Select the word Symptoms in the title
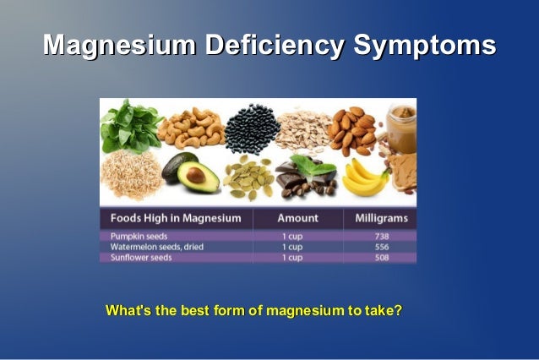(423, 46)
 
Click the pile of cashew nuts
(193, 126)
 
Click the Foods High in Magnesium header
(175, 218)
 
